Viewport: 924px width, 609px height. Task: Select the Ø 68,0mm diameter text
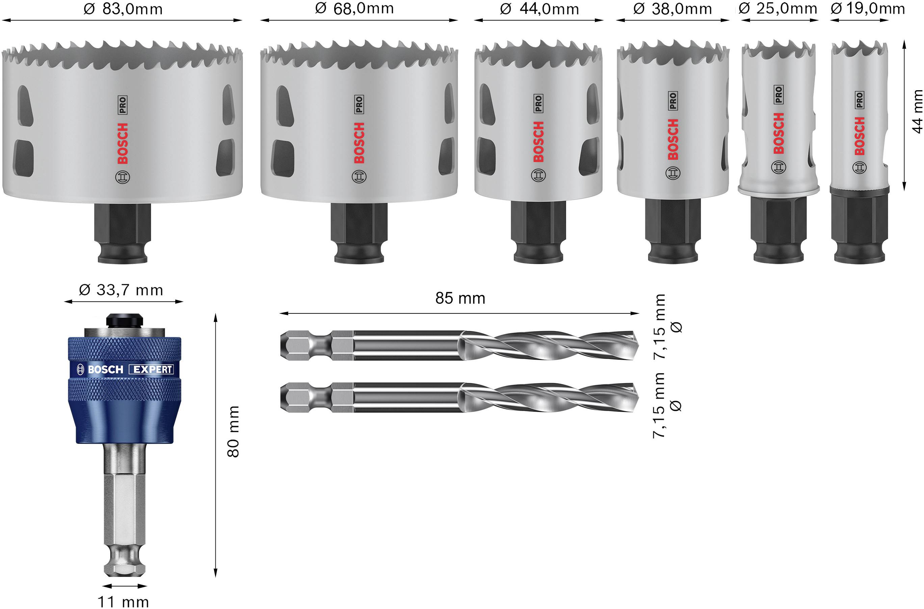(354, 8)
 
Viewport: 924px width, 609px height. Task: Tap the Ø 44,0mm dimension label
(539, 9)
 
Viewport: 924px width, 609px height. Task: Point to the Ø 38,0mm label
(672, 9)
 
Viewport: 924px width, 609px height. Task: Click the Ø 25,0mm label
(778, 8)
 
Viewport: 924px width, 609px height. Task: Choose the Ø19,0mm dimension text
(868, 8)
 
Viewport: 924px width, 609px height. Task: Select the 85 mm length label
(460, 298)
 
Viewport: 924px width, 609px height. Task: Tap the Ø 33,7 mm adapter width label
(121, 290)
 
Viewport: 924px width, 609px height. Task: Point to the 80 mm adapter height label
(233, 432)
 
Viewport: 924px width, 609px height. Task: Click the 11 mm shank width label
(123, 602)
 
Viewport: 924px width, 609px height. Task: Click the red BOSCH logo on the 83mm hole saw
(122, 143)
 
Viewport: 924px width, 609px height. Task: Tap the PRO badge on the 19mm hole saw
(859, 100)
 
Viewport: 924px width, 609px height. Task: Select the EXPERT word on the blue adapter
(153, 370)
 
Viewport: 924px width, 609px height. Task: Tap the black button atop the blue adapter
(124, 321)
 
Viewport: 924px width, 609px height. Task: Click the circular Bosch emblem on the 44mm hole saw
(538, 176)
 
